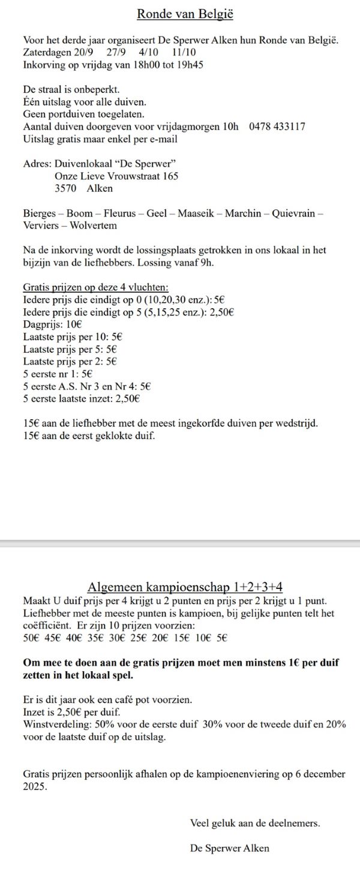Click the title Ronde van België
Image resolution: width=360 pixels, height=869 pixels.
click(x=179, y=14)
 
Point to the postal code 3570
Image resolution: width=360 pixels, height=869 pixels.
click(x=65, y=188)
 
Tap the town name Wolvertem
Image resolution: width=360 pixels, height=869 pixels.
click(x=94, y=225)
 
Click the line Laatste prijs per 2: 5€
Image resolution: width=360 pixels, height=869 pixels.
click(x=70, y=361)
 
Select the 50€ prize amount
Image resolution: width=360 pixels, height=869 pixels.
click(x=31, y=638)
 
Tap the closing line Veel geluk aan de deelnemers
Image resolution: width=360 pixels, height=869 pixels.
click(x=255, y=823)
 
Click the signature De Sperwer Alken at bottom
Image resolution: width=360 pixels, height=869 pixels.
click(x=229, y=848)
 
